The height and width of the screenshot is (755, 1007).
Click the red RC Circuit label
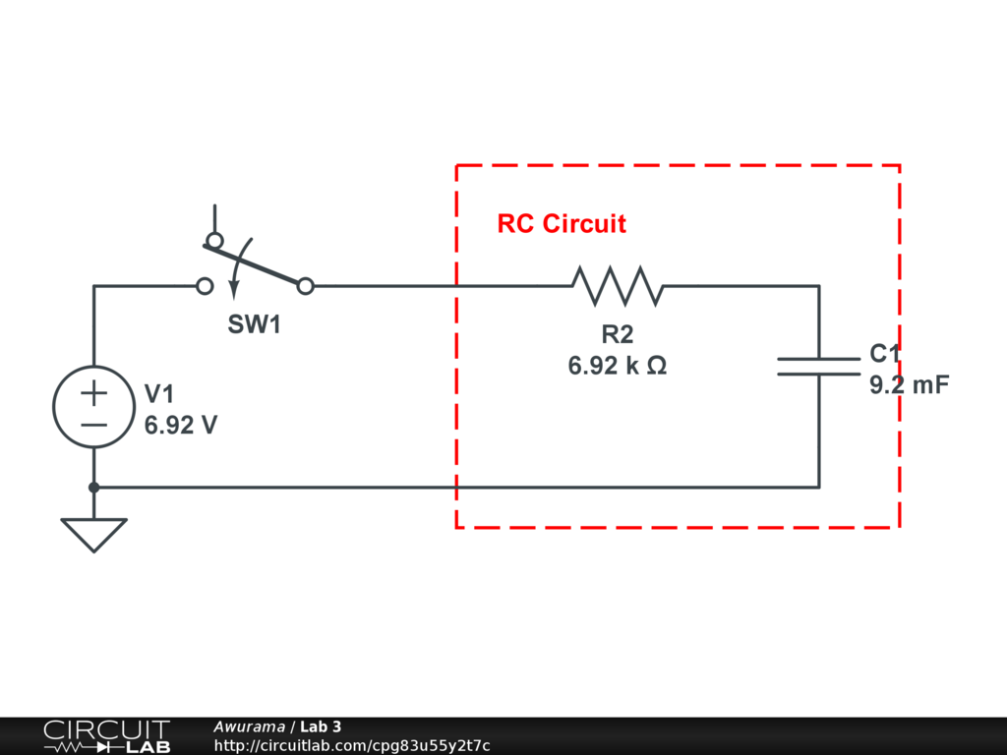pyautogui.click(x=562, y=224)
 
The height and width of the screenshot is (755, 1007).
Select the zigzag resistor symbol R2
pyautogui.click(x=618, y=286)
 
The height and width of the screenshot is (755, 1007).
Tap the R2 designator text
pyautogui.click(x=618, y=335)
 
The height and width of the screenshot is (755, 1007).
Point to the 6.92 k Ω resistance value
pyautogui.click(x=618, y=367)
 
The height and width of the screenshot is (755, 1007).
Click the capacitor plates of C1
pyautogui.click(x=818, y=366)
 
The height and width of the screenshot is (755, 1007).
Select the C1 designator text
pyautogui.click(x=884, y=355)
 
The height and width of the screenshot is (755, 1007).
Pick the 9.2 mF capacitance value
pyautogui.click(x=910, y=385)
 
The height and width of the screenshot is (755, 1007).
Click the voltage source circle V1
pyautogui.click(x=94, y=408)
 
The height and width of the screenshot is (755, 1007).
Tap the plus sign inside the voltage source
pyautogui.click(x=94, y=394)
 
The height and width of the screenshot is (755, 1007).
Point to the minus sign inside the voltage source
pyautogui.click(x=94, y=425)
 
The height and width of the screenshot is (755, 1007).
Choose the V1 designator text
pyautogui.click(x=159, y=395)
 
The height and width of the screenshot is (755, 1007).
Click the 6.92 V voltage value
pyautogui.click(x=181, y=427)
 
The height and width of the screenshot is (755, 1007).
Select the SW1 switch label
pyautogui.click(x=255, y=325)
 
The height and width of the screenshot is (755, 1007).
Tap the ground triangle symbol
pyautogui.click(x=94, y=534)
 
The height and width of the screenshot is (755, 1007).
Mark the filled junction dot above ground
pyautogui.click(x=94, y=487)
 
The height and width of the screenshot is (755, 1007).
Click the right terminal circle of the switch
pyautogui.click(x=306, y=286)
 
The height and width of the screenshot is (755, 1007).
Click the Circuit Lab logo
pyautogui.click(x=106, y=736)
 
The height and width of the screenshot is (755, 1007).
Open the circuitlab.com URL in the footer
pyautogui.click(x=351, y=746)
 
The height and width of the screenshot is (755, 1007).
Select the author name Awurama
pyautogui.click(x=249, y=726)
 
